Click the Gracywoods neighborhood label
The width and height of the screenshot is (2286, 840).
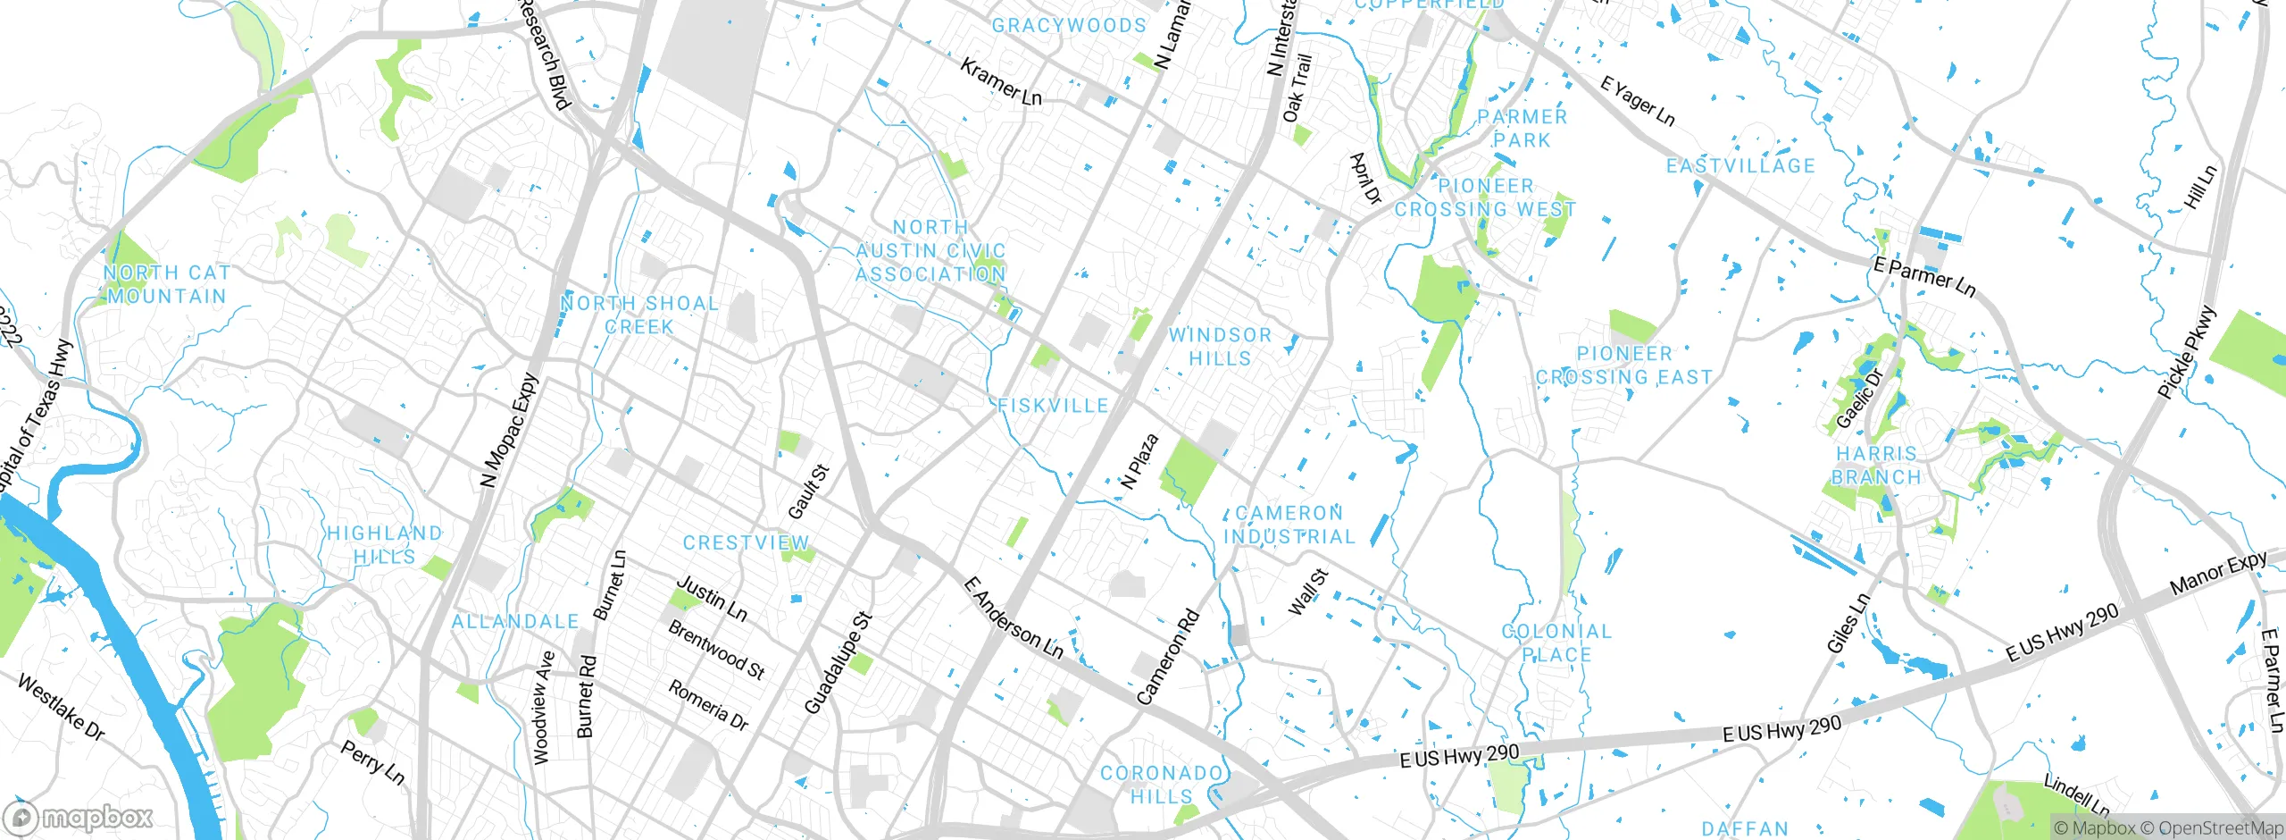click(x=1069, y=26)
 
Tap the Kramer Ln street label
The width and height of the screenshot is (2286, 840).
click(x=1000, y=82)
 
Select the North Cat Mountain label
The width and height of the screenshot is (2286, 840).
click(x=167, y=284)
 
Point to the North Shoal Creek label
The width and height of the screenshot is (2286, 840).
click(x=639, y=315)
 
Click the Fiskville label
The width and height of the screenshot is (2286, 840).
click(x=1053, y=406)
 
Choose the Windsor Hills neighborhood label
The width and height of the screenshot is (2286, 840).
click(x=1220, y=347)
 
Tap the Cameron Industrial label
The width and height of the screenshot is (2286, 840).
click(x=1289, y=525)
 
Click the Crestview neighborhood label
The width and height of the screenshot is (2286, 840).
click(x=746, y=543)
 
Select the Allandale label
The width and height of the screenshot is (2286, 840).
click(x=515, y=622)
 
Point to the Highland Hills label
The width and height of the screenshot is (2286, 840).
click(x=384, y=545)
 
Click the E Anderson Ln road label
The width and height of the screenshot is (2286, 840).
click(x=1014, y=619)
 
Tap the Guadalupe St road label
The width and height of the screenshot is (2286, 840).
click(x=838, y=663)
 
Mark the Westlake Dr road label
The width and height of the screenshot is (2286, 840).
click(x=61, y=708)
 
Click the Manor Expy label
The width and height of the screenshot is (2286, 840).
click(x=2218, y=574)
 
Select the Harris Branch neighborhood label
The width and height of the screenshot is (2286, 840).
click(x=1876, y=466)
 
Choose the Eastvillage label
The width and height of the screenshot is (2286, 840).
click(x=1740, y=166)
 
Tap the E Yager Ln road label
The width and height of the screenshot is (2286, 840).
click(x=1637, y=101)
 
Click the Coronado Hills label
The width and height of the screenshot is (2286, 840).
click(x=1161, y=785)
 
